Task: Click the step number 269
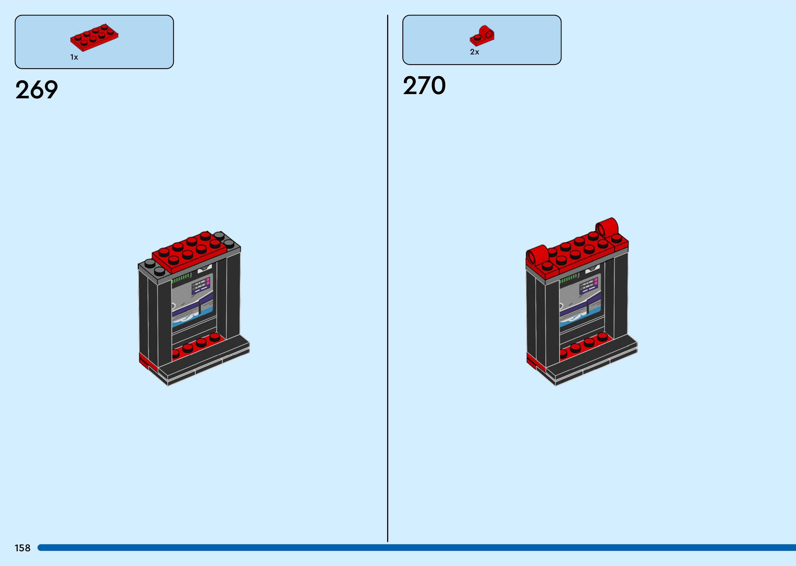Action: pyautogui.click(x=37, y=90)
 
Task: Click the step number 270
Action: pyautogui.click(x=424, y=86)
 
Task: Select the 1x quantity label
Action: pyautogui.click(x=74, y=57)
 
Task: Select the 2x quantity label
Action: pyautogui.click(x=474, y=52)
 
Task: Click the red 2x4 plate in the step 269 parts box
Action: pyautogui.click(x=94, y=36)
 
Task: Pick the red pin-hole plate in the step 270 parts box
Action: pyautogui.click(x=482, y=36)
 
